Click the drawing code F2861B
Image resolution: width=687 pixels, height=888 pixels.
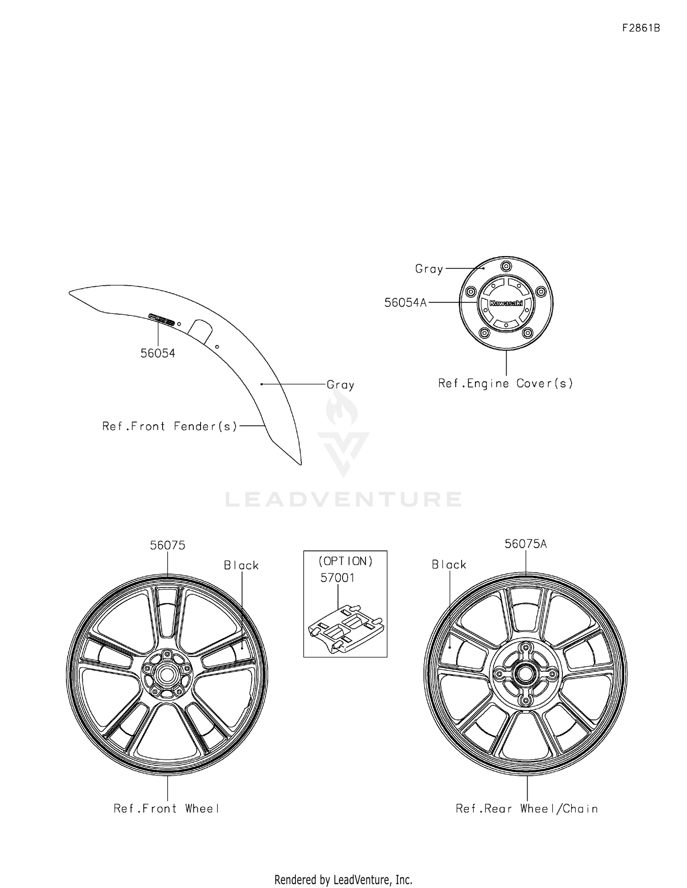[x=641, y=28]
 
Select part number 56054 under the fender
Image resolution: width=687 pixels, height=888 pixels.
[x=158, y=353]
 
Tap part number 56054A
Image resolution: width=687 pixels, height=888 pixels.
[x=405, y=302]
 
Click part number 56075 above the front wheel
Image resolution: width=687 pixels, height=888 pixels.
[x=168, y=545]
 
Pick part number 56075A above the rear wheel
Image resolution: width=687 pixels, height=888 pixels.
[x=526, y=544]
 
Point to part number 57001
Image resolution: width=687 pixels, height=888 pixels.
[x=338, y=578]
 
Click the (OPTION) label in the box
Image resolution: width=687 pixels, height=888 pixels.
[x=346, y=561]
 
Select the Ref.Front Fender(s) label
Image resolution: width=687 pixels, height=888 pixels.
[x=170, y=427]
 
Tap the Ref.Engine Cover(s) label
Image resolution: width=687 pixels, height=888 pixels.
[x=506, y=384]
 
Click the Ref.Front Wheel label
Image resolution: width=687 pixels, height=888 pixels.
[x=167, y=809]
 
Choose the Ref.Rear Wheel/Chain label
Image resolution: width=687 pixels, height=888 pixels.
[x=527, y=809]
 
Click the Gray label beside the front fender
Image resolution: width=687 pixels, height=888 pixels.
[x=340, y=385]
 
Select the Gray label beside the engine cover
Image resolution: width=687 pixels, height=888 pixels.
[x=429, y=269]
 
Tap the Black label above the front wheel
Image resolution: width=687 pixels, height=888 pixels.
[x=241, y=565]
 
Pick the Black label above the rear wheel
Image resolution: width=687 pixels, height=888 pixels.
[x=449, y=565]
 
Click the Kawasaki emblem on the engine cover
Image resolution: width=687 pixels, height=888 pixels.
[x=506, y=303]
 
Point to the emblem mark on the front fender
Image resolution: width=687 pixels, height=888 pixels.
[x=162, y=319]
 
